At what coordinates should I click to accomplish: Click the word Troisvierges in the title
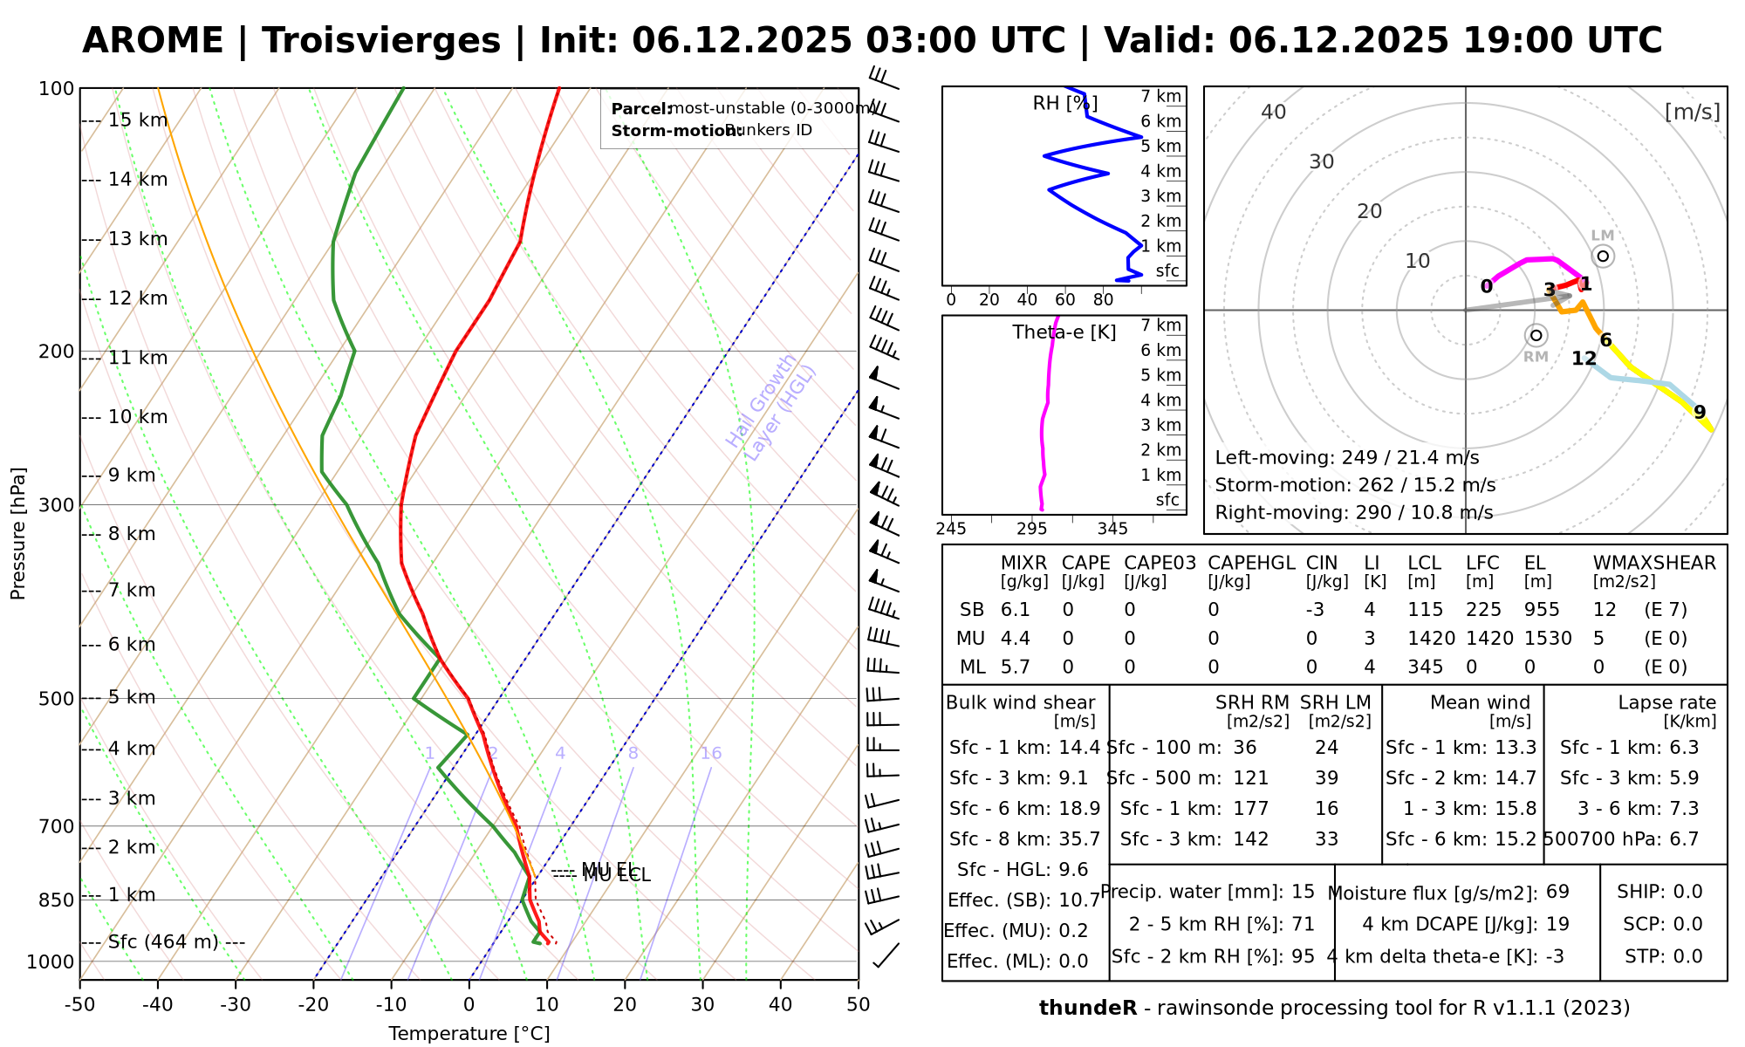point(381,41)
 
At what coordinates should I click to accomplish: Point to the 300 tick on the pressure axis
point(58,505)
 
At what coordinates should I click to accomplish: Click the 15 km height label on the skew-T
point(138,120)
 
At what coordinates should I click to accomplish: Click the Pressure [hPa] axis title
point(18,533)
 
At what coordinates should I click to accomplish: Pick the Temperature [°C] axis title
point(469,1034)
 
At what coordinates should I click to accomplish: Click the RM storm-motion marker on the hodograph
point(1536,336)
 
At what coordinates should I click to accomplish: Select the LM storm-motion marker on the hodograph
point(1603,256)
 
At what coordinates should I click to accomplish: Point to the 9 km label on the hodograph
point(1699,413)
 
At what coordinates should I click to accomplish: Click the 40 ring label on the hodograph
point(1274,112)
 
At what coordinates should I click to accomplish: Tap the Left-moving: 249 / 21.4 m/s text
point(1346,458)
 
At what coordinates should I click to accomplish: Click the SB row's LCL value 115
point(1426,610)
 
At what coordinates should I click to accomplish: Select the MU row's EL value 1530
point(1548,639)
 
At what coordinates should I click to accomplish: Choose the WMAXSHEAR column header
point(1654,563)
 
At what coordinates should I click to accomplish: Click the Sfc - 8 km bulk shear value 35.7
point(1079,839)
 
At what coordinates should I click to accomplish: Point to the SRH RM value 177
point(1250,809)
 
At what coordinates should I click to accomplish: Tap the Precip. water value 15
point(1303,892)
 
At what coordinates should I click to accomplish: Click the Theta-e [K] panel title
point(1064,332)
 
